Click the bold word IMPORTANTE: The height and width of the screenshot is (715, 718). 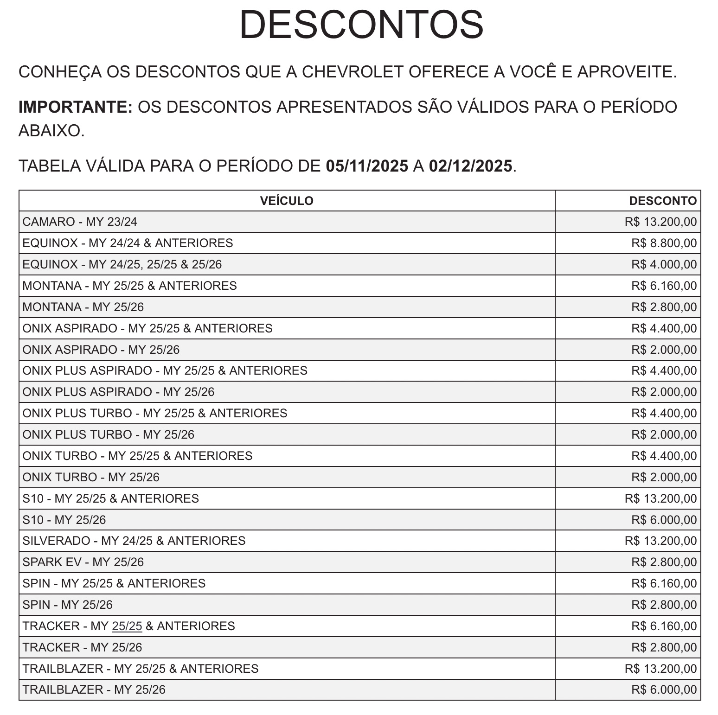(x=76, y=107)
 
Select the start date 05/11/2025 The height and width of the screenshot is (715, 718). (x=367, y=166)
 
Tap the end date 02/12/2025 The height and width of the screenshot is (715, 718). (x=470, y=166)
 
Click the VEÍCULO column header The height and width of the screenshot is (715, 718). (x=287, y=201)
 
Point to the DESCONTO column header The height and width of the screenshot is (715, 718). (x=662, y=201)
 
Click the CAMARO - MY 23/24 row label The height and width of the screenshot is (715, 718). (x=80, y=222)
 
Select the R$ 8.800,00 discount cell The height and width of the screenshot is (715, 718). (x=663, y=243)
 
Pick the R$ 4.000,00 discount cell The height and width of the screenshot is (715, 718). (x=663, y=264)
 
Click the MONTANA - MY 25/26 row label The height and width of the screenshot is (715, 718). (x=83, y=307)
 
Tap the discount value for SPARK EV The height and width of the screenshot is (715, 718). (x=663, y=562)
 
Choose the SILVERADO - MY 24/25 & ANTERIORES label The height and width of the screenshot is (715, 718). (x=134, y=541)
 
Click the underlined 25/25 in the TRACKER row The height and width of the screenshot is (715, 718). (x=127, y=626)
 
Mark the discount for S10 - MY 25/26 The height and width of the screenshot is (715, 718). (x=663, y=520)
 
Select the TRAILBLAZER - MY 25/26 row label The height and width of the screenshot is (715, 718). (x=94, y=689)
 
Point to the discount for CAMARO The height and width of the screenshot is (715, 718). (x=660, y=222)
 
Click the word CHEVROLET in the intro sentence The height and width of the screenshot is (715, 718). (x=353, y=72)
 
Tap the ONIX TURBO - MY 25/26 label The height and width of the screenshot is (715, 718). (x=91, y=477)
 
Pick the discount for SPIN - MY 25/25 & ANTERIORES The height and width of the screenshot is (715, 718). (x=663, y=583)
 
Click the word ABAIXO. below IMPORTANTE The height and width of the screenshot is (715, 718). (x=51, y=131)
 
